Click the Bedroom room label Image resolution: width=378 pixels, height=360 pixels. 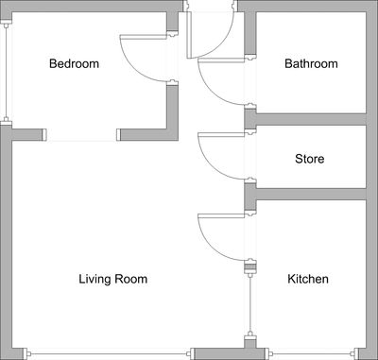(74, 64)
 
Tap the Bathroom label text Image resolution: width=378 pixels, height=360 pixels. (311, 64)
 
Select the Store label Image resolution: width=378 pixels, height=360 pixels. (309, 159)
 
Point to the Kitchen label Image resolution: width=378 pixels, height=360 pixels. (308, 279)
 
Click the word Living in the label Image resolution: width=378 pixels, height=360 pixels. (94, 279)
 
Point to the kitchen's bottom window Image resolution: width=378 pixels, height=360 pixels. (307, 353)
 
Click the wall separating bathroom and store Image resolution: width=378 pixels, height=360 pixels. (307, 119)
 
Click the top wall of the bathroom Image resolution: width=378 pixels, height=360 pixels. (307, 7)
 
